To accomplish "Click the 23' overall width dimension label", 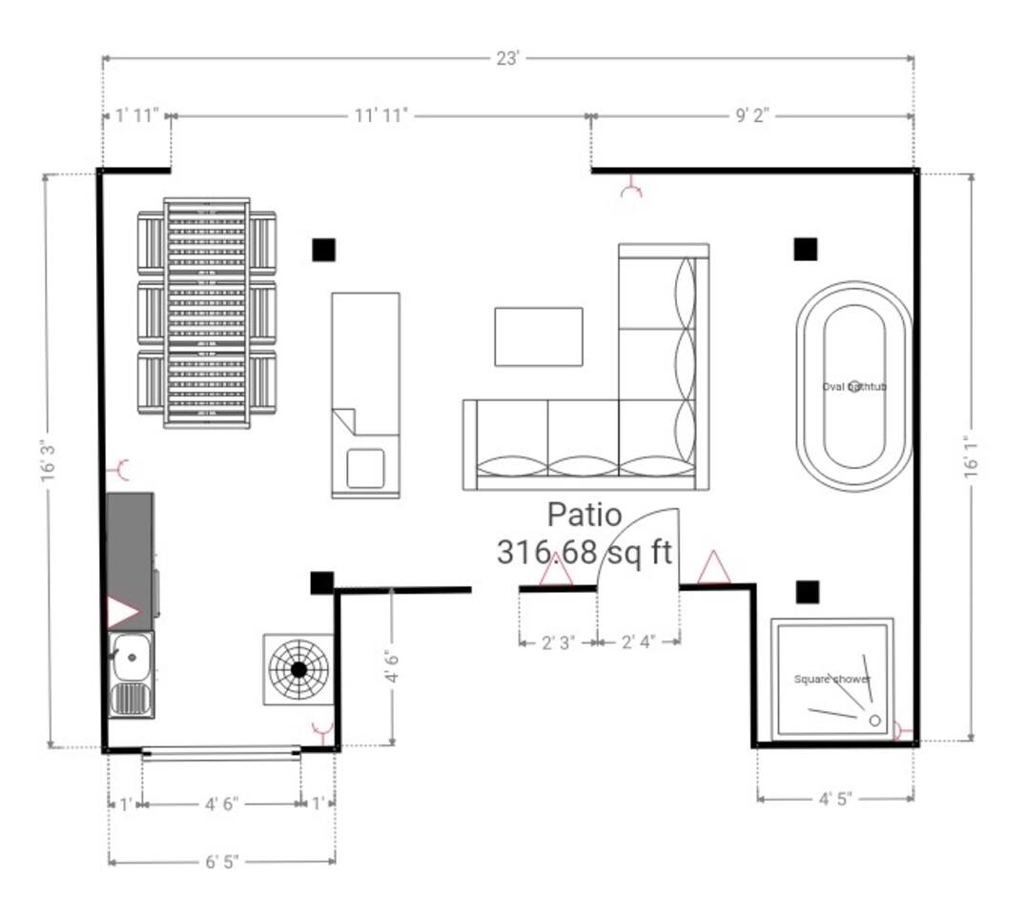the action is [x=507, y=59].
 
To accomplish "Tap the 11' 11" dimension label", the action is [x=381, y=115].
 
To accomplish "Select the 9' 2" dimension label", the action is [x=752, y=115].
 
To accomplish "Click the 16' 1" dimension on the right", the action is [x=972, y=457].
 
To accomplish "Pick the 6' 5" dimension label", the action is [x=222, y=862].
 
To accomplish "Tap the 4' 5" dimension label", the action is [x=835, y=799].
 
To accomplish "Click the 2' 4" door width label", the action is [x=638, y=642].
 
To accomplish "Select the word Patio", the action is [x=584, y=515].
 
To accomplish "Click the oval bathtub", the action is [x=854, y=387].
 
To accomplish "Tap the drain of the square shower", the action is [x=874, y=721].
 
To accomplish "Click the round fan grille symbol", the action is [x=298, y=669].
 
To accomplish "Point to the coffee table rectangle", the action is [x=539, y=336].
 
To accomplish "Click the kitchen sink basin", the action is [x=132, y=658].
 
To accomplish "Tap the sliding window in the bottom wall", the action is [x=221, y=753].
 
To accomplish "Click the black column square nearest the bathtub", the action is [x=806, y=249].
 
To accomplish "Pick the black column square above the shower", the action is [x=808, y=592].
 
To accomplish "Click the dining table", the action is [x=207, y=313].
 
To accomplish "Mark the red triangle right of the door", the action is [x=713, y=567].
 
